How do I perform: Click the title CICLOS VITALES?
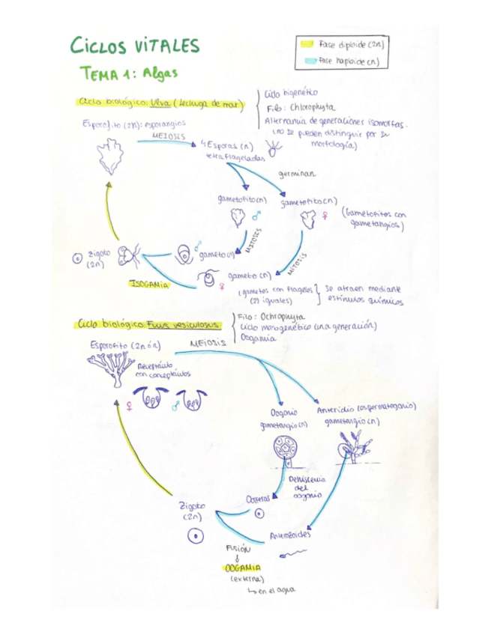tap(136, 46)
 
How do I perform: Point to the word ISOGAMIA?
tap(148, 284)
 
